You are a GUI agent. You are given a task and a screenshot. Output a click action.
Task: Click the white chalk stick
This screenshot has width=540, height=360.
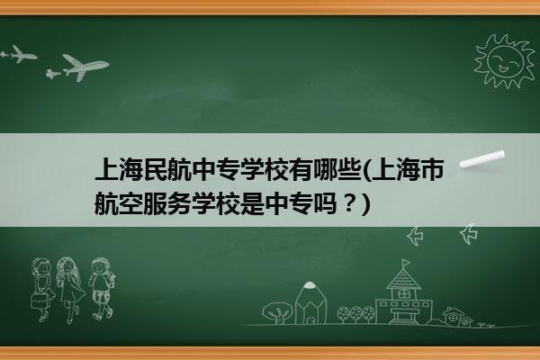(x=482, y=158)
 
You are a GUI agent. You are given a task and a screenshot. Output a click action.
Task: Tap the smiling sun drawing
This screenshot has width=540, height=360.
(x=504, y=61)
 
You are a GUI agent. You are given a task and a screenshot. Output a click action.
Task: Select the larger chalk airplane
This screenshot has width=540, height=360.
(x=82, y=66)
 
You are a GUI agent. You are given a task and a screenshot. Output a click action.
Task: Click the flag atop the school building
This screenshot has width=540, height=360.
(x=407, y=263)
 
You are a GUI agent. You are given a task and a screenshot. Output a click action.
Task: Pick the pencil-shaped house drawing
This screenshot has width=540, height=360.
(x=310, y=303)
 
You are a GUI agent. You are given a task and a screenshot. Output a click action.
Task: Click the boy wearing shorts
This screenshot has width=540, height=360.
(x=102, y=289)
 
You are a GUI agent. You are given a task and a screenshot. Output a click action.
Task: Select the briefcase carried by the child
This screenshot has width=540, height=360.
(x=38, y=301)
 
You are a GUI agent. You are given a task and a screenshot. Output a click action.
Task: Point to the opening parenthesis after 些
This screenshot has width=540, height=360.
(x=366, y=170)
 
